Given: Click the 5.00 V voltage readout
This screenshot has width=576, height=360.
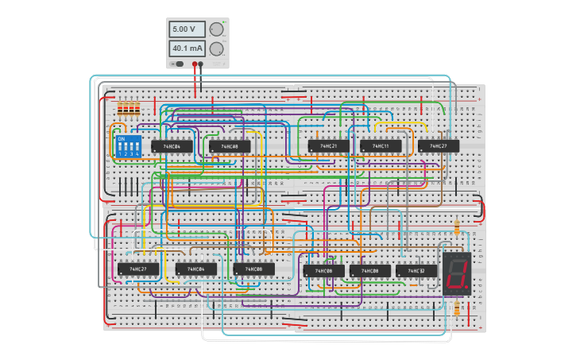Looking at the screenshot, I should [x=187, y=29].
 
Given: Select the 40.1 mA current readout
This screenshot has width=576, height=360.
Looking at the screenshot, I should [x=187, y=48].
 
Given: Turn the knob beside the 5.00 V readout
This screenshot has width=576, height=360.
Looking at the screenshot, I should [x=216, y=29].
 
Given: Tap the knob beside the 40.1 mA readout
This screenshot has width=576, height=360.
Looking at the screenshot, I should [x=216, y=48].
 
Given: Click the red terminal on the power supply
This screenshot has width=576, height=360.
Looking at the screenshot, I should [x=194, y=64].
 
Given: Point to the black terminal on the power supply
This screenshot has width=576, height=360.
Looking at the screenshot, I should [x=201, y=64].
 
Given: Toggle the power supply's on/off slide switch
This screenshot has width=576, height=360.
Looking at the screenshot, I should [x=179, y=64].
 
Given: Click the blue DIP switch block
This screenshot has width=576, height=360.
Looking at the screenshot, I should [x=128, y=145].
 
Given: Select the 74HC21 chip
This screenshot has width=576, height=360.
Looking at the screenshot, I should [x=328, y=146].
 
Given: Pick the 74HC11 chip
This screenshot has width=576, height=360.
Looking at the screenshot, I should [x=380, y=146].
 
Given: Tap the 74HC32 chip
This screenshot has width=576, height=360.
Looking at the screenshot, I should [x=416, y=271].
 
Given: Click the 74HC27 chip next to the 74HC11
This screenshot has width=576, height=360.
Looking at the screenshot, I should [x=438, y=146].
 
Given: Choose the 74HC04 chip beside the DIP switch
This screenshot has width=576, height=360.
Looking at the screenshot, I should [x=172, y=146].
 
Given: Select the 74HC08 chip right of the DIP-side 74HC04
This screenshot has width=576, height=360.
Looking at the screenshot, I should [x=230, y=146].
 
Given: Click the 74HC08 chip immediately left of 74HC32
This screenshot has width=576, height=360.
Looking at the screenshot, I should [x=370, y=271].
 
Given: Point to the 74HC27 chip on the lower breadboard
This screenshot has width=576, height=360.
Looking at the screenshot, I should [x=137, y=269].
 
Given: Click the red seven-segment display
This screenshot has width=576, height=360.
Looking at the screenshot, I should [x=457, y=274].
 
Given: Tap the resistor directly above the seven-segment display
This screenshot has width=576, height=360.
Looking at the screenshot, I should [x=456, y=228].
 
